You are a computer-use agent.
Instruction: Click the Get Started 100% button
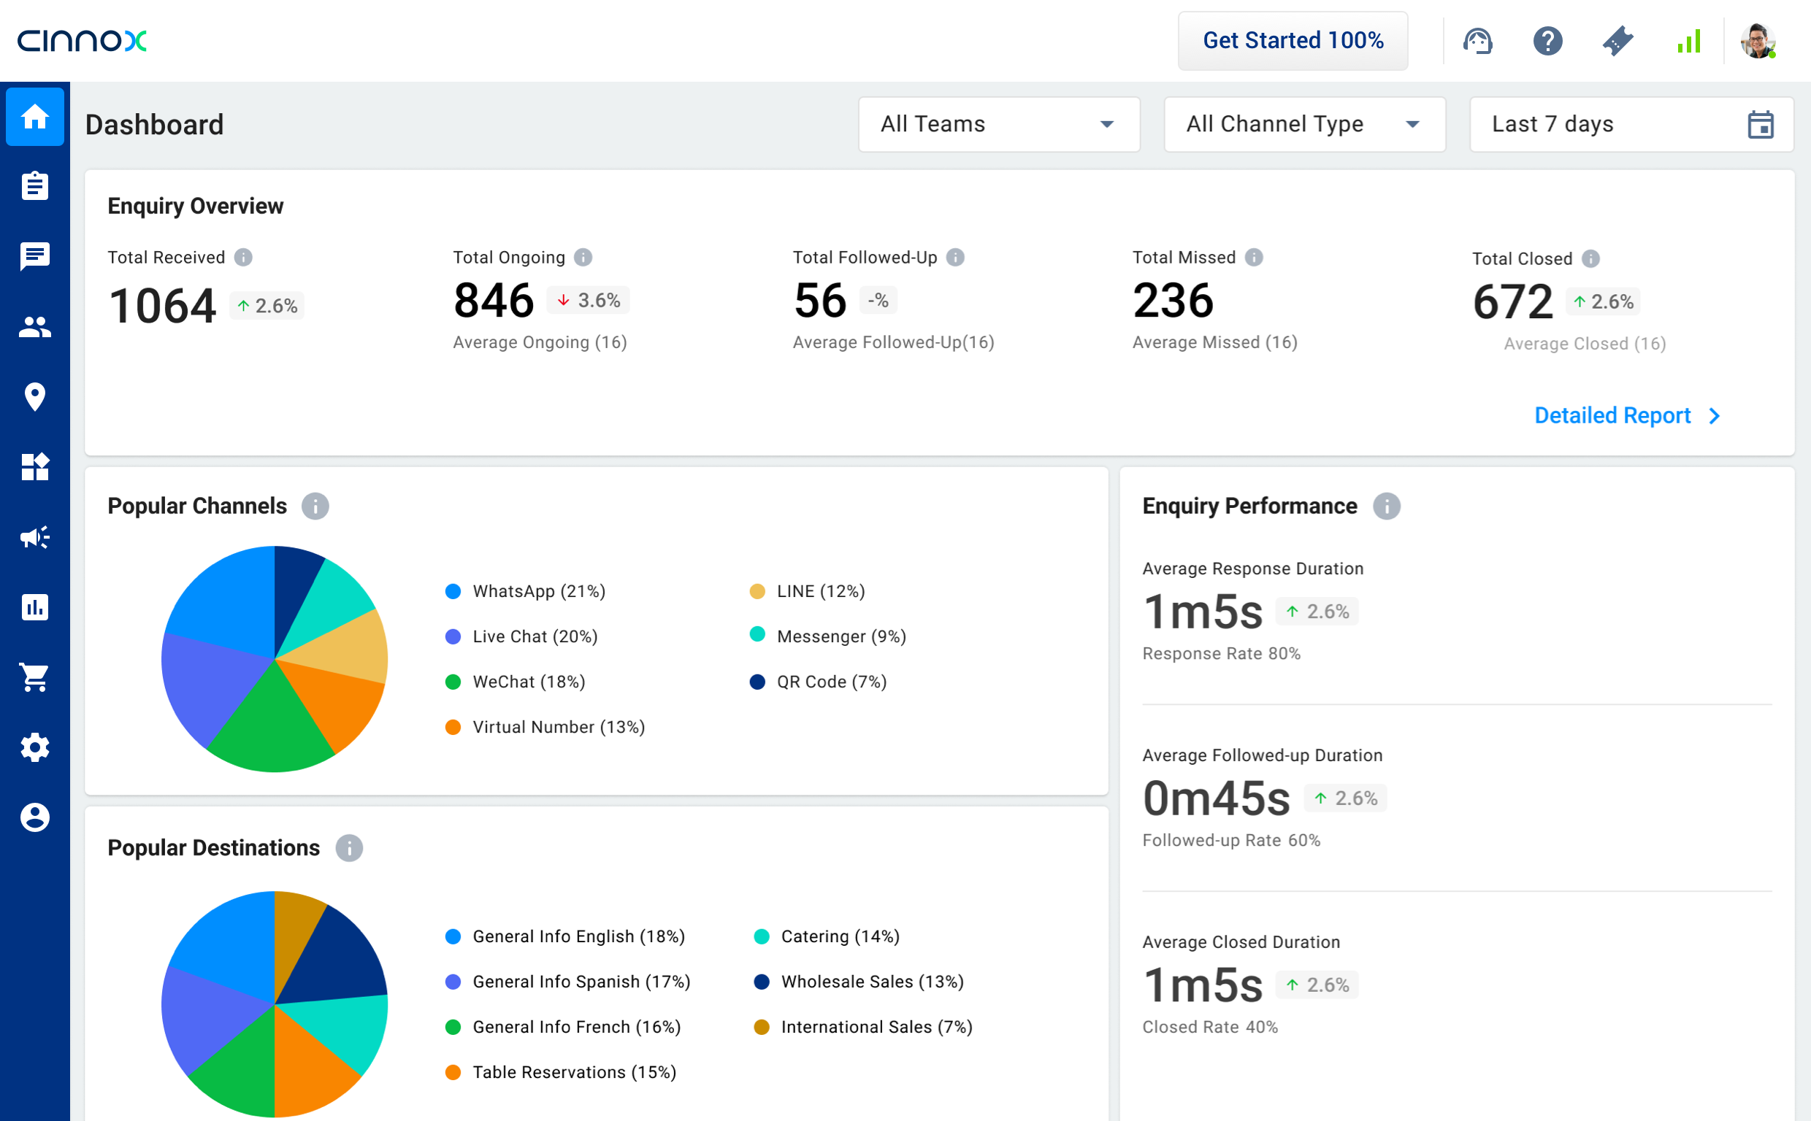pyautogui.click(x=1292, y=41)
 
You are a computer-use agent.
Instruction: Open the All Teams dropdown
pyautogui.click(x=998, y=125)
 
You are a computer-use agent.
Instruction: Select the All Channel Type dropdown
pyautogui.click(x=1303, y=125)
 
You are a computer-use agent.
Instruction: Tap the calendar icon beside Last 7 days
pyautogui.click(x=1760, y=125)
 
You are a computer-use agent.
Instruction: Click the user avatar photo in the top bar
pyautogui.click(x=1757, y=41)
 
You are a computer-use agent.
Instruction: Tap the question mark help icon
pyautogui.click(x=1547, y=41)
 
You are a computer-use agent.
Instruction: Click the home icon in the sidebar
pyautogui.click(x=35, y=116)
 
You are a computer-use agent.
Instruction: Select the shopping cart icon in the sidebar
pyautogui.click(x=35, y=677)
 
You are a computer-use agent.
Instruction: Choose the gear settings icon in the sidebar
pyautogui.click(x=35, y=747)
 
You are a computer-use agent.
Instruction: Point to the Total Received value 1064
pyautogui.click(x=162, y=306)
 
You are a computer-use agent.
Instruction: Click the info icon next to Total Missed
pyautogui.click(x=1254, y=258)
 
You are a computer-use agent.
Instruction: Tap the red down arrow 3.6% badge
pyautogui.click(x=589, y=300)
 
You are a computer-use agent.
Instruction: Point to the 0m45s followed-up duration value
pyautogui.click(x=1217, y=798)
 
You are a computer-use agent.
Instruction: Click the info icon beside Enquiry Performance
pyautogui.click(x=1386, y=506)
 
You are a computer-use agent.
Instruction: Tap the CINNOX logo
pyautogui.click(x=83, y=41)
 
